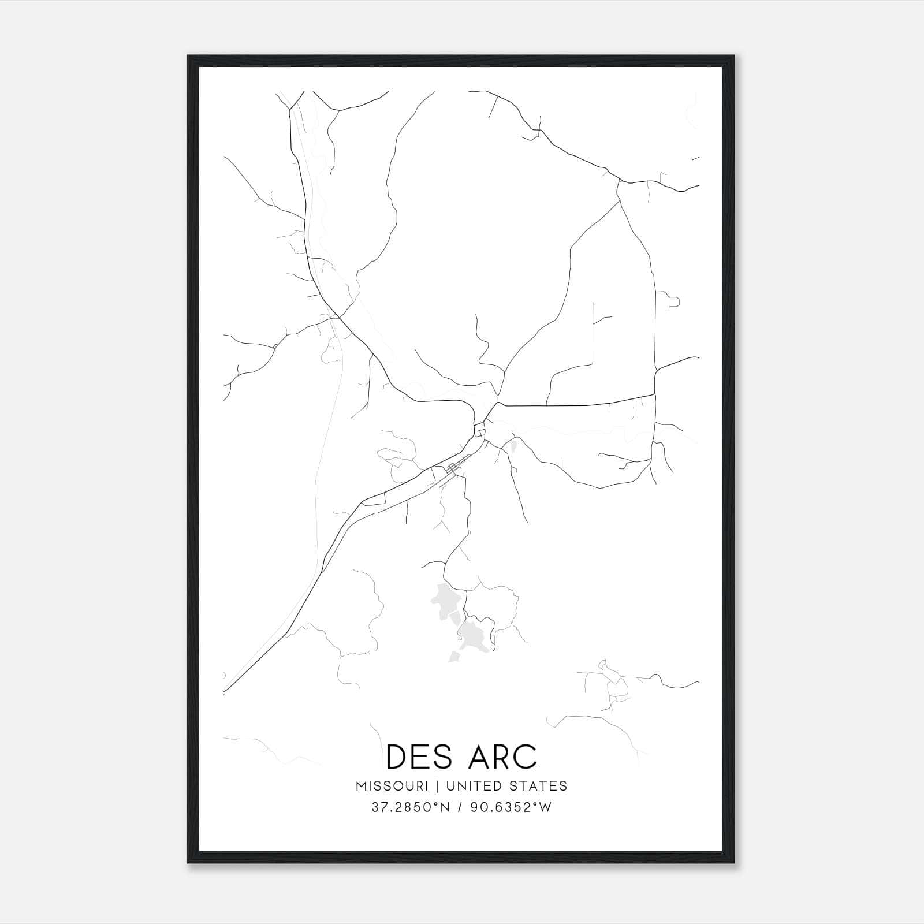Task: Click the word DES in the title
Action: click(x=419, y=757)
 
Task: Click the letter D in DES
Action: click(x=397, y=757)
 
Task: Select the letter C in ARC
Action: click(x=524, y=757)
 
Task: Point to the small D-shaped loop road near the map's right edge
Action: click(x=673, y=301)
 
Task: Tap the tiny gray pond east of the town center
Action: click(x=513, y=445)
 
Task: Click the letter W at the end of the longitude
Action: click(x=546, y=807)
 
